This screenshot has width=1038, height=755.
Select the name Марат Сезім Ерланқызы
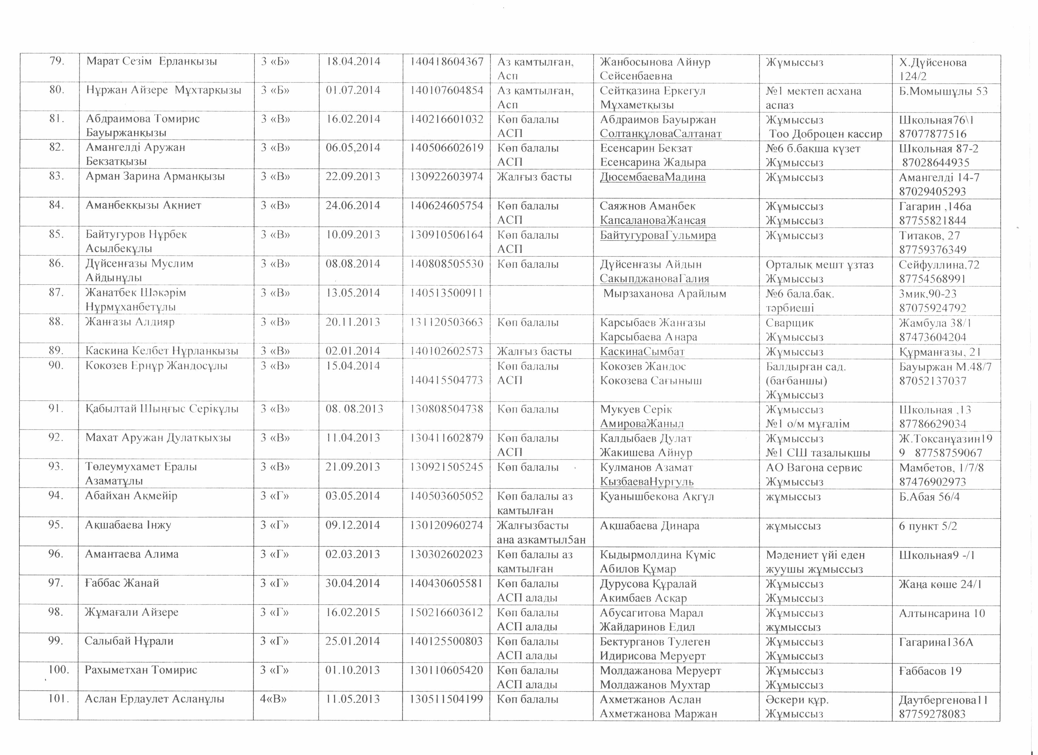(x=151, y=62)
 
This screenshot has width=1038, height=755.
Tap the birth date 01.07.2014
(x=353, y=90)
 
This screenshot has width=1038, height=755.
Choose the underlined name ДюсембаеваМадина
(x=653, y=177)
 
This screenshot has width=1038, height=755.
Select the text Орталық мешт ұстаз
(x=820, y=265)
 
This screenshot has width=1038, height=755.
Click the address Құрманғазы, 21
(x=934, y=352)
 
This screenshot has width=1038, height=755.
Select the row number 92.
(x=56, y=438)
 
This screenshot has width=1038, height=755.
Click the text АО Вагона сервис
(x=814, y=468)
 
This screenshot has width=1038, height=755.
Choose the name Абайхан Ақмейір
(x=131, y=496)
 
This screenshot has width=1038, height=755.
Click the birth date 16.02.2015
(x=353, y=613)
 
